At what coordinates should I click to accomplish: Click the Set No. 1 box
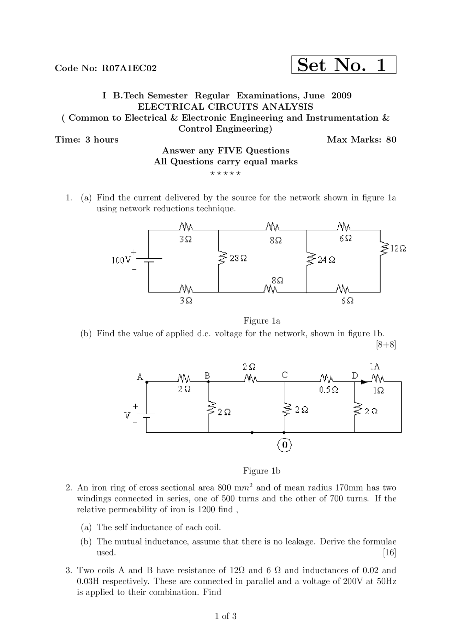coord(343,65)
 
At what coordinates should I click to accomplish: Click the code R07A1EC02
coord(129,68)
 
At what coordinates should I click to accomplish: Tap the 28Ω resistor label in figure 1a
coord(238,258)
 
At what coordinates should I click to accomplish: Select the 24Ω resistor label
coord(326,260)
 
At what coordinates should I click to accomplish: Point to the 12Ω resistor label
coord(398,249)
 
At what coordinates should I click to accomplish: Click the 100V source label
coord(121,260)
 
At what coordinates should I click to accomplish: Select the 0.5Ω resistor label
coord(328,390)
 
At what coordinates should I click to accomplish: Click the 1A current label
coord(375,366)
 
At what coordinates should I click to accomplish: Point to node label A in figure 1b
coord(140,377)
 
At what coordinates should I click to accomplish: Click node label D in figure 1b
coord(355,375)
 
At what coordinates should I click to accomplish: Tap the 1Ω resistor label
coord(378,391)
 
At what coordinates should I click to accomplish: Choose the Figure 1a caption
coord(262,321)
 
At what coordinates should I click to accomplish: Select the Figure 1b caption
coord(262,471)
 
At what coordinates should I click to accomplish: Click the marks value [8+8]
coord(386,345)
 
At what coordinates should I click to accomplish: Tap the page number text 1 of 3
coord(226,616)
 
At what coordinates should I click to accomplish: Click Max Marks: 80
coord(362,140)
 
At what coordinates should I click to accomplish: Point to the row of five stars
coord(225,173)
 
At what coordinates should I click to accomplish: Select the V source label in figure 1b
coord(127,415)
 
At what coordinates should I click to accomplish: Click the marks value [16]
coord(389,552)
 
